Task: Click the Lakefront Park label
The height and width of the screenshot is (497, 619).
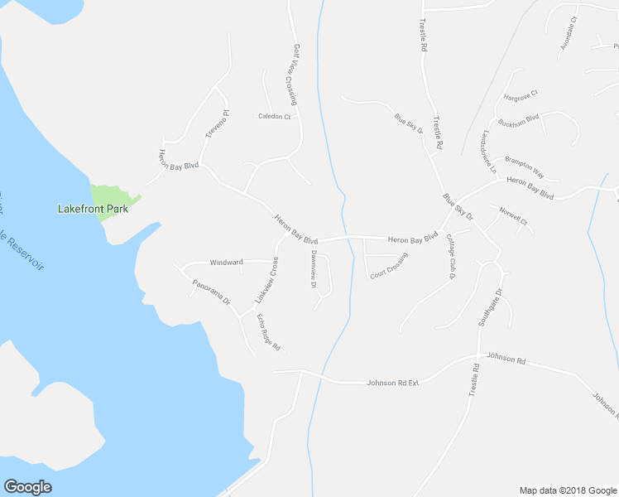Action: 93,210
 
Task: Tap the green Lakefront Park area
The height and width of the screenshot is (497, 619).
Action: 109,196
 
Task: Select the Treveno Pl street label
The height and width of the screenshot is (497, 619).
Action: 215,123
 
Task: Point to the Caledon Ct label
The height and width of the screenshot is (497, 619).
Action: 274,117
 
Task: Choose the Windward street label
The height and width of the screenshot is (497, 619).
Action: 226,262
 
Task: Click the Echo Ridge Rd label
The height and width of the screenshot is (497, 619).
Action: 268,331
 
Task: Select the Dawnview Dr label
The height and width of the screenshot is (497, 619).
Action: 314,269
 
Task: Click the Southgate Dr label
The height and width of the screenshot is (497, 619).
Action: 489,308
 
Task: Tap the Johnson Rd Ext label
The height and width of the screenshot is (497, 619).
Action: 393,383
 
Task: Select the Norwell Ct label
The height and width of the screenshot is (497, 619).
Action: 513,217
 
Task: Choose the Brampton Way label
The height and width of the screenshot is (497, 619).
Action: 524,169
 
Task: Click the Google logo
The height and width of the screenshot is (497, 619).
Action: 27,487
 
